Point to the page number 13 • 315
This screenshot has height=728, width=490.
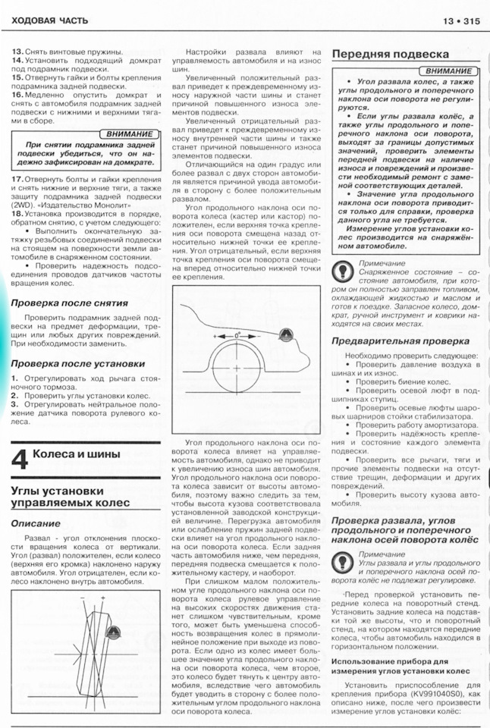point(460,20)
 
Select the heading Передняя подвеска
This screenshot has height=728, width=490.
point(390,55)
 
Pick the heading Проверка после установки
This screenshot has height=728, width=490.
point(77,363)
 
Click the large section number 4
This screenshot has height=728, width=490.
point(20,460)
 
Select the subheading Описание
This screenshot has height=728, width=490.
point(36,523)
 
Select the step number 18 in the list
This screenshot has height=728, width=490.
point(16,215)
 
